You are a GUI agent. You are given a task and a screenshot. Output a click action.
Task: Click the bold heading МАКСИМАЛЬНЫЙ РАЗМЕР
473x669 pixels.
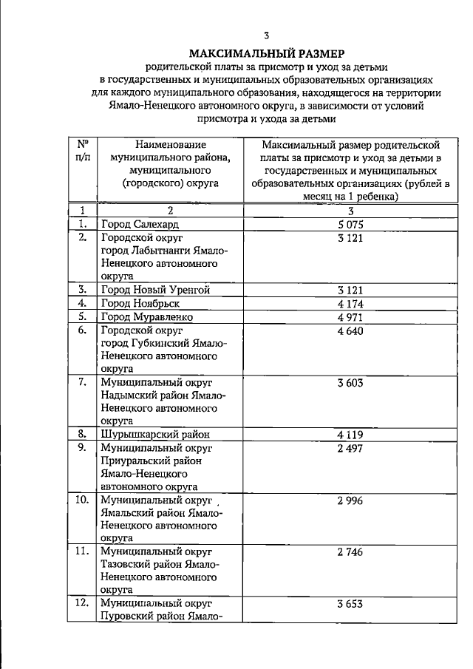pyautogui.click(x=266, y=53)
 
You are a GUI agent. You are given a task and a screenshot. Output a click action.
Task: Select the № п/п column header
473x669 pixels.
pyautogui.click(x=83, y=151)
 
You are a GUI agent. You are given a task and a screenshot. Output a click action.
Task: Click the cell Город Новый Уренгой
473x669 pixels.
pyautogui.click(x=156, y=289)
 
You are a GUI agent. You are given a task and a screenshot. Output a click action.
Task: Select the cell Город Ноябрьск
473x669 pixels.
pyautogui.click(x=140, y=303)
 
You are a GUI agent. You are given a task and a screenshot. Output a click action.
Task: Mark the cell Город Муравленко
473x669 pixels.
pyautogui.click(x=147, y=316)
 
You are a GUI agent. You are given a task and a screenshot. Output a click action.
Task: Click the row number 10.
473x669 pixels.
pyautogui.click(x=83, y=500)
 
